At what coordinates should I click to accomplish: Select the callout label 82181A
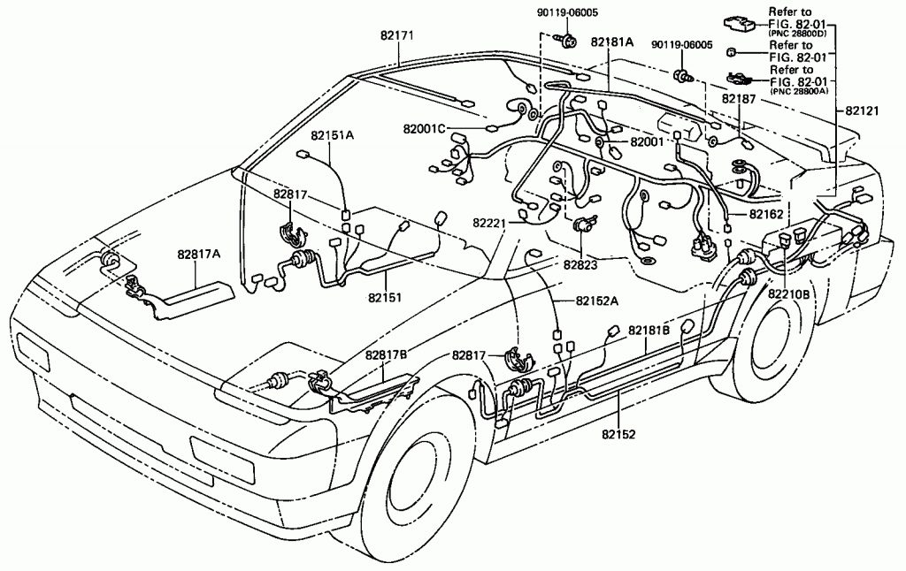(611, 42)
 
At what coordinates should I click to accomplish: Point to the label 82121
(863, 111)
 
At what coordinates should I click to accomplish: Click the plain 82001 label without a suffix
(649, 141)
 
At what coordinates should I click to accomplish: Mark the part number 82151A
(332, 135)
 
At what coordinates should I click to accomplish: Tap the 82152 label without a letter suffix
(619, 434)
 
